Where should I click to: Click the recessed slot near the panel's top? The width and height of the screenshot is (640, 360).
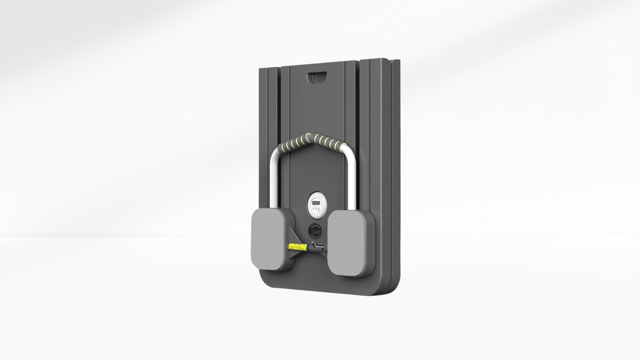[317, 77]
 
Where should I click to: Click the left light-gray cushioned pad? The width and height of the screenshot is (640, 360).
[268, 239]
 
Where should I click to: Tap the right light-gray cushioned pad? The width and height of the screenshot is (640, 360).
[347, 243]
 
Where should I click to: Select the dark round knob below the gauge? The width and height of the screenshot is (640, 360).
[315, 230]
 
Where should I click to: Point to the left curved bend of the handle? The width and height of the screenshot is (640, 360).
[276, 153]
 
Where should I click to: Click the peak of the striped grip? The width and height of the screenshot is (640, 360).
[316, 135]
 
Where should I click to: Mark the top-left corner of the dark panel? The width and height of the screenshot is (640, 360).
[261, 69]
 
